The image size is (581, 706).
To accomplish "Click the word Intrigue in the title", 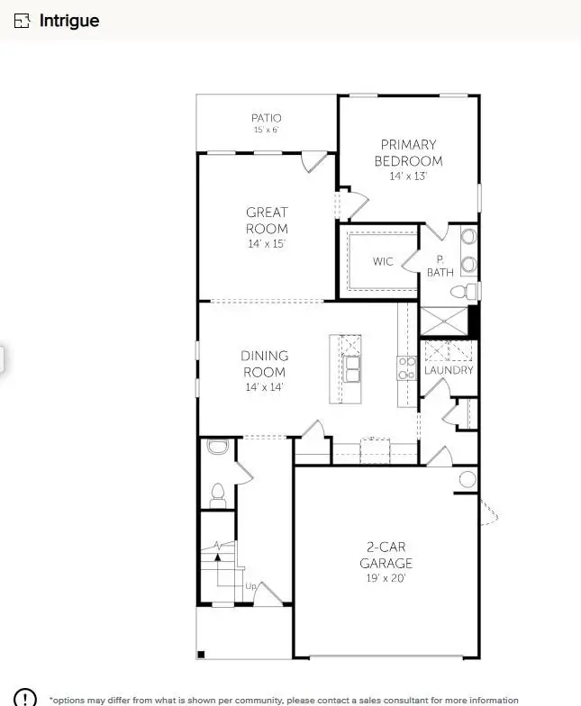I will click(x=69, y=21).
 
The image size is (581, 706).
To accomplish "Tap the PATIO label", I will click(x=266, y=118).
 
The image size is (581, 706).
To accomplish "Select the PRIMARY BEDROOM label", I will click(x=408, y=152).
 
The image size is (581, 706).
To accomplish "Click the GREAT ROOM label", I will click(x=268, y=221).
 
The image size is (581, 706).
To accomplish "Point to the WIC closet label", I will click(x=384, y=262).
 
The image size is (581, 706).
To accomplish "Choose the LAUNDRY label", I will click(x=449, y=370).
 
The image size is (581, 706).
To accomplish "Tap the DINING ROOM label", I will click(x=264, y=364).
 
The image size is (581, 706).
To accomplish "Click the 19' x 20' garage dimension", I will click(x=386, y=578).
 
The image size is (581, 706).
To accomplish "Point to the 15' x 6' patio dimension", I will click(x=266, y=131).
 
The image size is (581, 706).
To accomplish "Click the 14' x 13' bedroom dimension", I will click(x=408, y=176).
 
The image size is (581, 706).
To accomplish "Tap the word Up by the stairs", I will click(x=251, y=586).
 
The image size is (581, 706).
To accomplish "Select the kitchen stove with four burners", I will click(x=406, y=367).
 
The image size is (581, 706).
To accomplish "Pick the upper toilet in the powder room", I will click(x=216, y=447).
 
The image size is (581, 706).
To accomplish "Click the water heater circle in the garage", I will click(x=467, y=478).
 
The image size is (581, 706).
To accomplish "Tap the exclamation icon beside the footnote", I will click(x=25, y=699).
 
